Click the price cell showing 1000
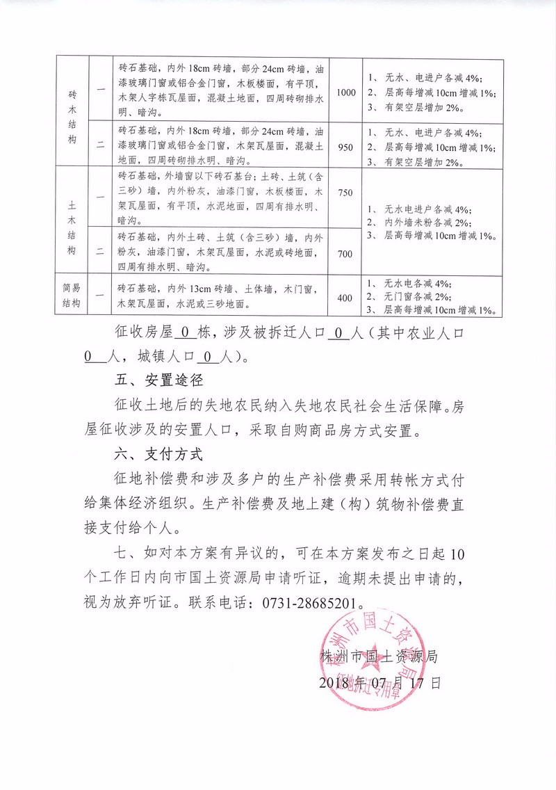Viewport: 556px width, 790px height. [345, 92]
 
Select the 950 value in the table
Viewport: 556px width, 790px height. [345, 147]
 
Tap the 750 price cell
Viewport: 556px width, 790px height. [345, 194]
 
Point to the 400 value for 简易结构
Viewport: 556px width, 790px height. [345, 298]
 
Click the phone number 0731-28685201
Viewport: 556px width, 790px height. [313, 602]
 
